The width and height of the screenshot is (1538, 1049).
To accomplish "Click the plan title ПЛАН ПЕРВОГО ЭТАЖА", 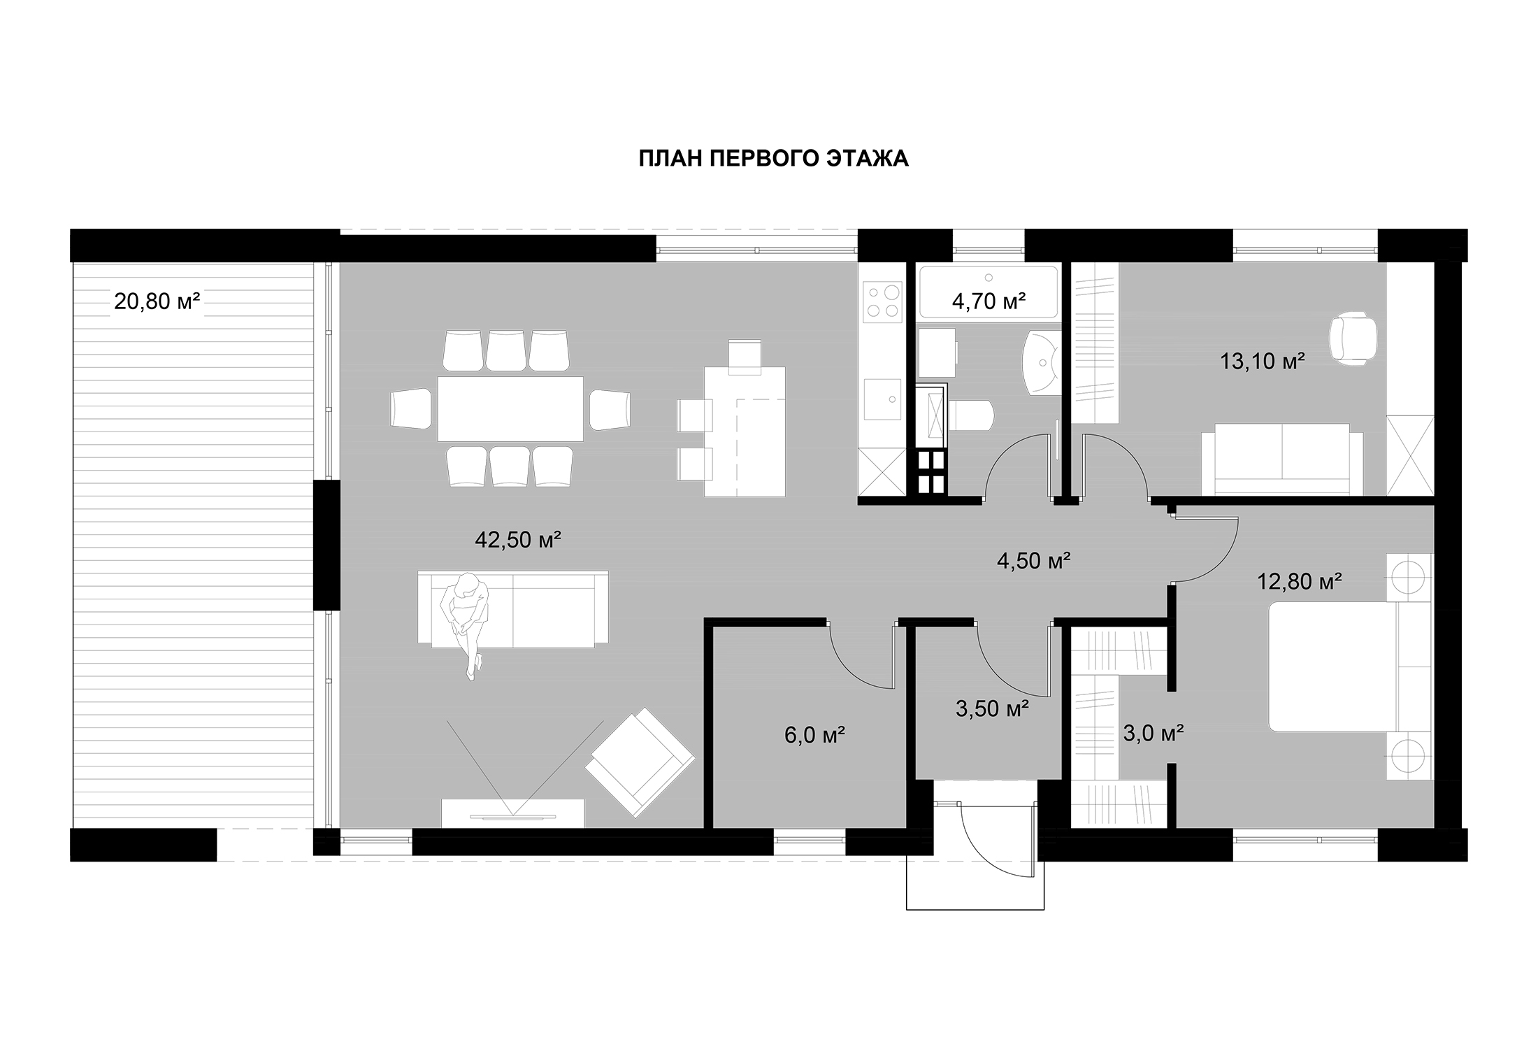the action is pos(773,159).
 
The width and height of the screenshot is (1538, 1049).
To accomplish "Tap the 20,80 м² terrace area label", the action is pos(157,301).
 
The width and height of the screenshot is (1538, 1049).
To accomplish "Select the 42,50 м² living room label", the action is pos(518,539).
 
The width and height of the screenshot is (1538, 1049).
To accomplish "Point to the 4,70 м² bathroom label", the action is pos(989,301).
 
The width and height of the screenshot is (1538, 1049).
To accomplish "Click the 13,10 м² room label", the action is pos(1263,361).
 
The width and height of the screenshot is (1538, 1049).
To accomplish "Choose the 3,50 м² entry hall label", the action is pos(992,708).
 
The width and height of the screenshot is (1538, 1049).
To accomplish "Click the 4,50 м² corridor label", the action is pos(1034,560).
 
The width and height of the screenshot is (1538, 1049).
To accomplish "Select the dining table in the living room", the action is pos(510,408).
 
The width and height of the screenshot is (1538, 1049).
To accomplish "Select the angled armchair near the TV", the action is pos(640,762).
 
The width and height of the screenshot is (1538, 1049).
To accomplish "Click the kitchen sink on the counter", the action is pos(882,399).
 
